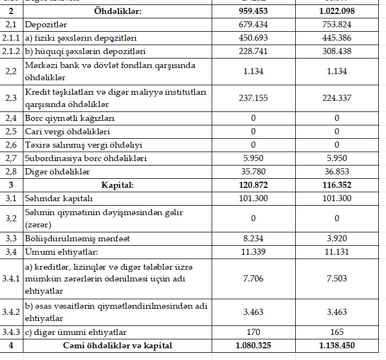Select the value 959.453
point(253,11)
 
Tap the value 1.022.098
point(336,11)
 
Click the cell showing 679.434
point(253,25)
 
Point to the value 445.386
point(336,38)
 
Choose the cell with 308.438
point(336,52)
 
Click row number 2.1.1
point(12,38)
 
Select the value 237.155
point(253,98)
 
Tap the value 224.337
point(336,98)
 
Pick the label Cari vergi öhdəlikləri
point(67,132)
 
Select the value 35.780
point(253,172)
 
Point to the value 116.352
point(336,185)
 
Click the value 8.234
point(253,239)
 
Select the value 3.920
point(336,239)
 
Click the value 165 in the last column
point(336,332)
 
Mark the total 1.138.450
point(336,346)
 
